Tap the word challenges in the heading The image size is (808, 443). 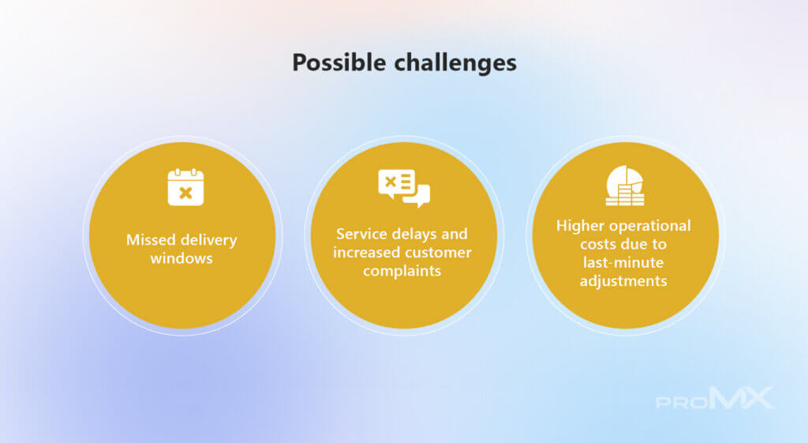coord(455,63)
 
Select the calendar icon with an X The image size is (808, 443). coord(185,186)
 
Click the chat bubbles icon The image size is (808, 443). coord(404,188)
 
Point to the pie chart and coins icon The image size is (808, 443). coord(625,186)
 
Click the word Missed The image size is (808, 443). coord(151,240)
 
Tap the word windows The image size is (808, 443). coord(181,258)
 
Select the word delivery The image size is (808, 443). coord(208,241)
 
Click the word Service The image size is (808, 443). coord(361,235)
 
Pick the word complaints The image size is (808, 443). coord(402,272)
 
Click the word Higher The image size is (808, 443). coord(579,227)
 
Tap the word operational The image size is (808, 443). coord(649,227)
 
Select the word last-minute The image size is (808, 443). coord(623,262)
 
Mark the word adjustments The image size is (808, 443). coord(623,282)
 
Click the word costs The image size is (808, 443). coord(597,245)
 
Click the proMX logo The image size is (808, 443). coord(715,398)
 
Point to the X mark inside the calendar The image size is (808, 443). coord(185,193)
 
